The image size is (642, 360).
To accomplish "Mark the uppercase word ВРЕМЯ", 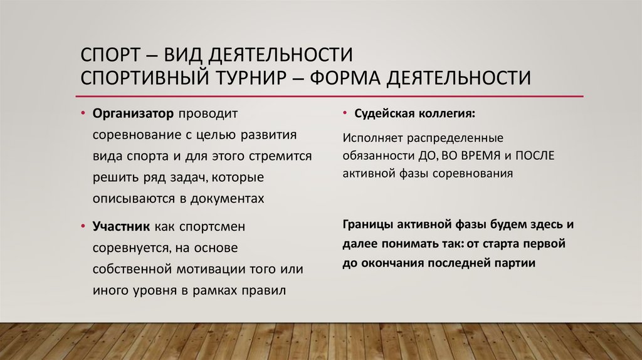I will click(477, 155).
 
